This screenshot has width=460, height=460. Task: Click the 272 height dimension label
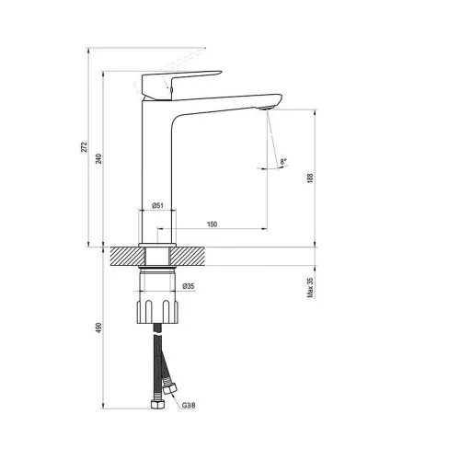[85, 147]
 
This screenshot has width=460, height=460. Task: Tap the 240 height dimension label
[98, 158]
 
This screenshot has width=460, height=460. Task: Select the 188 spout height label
[310, 178]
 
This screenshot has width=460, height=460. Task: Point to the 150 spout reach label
[213, 224]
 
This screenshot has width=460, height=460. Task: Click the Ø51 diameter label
[157, 205]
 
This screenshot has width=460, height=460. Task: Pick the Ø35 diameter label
[189, 286]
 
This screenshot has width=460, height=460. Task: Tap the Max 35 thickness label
[310, 287]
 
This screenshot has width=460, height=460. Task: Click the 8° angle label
[283, 161]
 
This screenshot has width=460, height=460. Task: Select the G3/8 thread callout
[189, 406]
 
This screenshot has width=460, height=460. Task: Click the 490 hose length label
[98, 328]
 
